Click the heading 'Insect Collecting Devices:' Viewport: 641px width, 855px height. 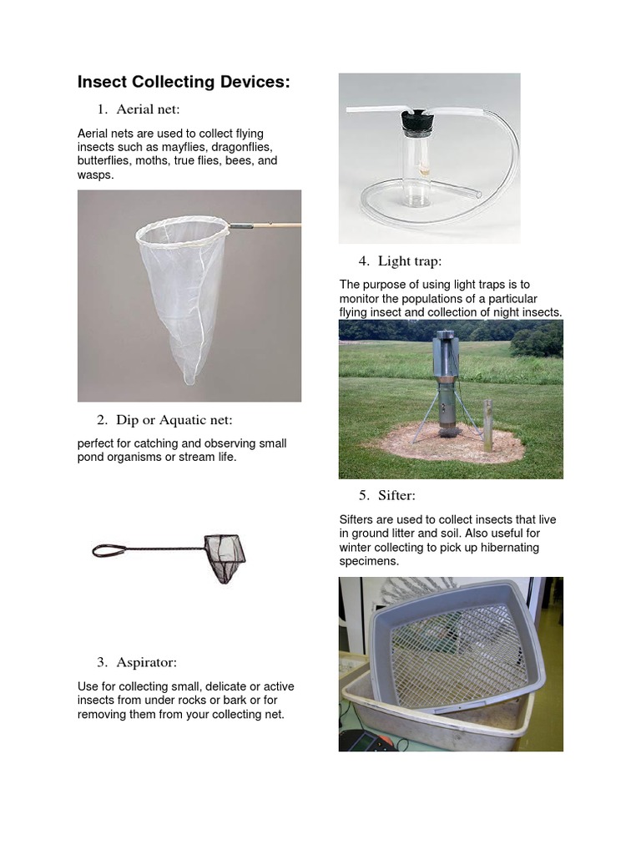(184, 82)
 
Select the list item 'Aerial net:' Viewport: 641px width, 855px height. (148, 109)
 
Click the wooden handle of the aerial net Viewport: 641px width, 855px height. (275, 225)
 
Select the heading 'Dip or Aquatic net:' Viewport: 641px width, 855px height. (174, 419)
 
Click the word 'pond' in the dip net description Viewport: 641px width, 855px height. (92, 458)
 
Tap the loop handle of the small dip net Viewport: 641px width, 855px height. (109, 550)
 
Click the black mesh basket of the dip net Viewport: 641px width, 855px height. (225, 555)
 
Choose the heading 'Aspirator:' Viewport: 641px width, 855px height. (146, 662)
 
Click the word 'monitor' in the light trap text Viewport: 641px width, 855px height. (360, 299)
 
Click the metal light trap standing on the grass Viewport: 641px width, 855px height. (449, 384)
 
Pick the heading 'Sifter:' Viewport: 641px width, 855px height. (396, 495)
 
